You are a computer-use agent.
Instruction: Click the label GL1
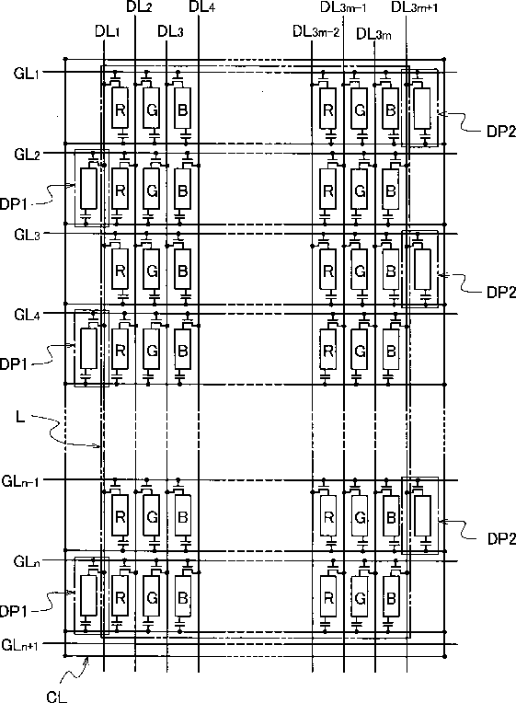click(27, 73)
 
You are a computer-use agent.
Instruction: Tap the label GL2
click(27, 155)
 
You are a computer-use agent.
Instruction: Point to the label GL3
click(27, 235)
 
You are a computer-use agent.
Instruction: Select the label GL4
click(27, 315)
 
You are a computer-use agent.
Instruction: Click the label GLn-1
click(20, 481)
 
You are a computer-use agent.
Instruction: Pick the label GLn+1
click(19, 645)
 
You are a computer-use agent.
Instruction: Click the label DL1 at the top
click(107, 31)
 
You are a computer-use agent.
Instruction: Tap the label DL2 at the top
click(140, 7)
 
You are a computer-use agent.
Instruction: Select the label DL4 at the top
click(201, 7)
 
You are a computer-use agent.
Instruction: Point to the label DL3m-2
click(316, 31)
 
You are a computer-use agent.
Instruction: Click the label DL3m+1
click(415, 7)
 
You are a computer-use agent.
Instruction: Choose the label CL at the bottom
click(56, 697)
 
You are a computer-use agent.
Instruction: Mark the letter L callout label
click(20, 418)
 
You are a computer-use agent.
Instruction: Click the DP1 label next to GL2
click(14, 204)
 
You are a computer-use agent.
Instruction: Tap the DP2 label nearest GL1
click(501, 132)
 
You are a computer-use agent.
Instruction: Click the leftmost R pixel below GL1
click(120, 109)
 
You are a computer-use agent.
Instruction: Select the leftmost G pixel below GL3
click(152, 271)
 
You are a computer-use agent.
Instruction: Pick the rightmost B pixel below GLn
click(391, 597)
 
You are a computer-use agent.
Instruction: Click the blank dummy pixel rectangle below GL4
click(88, 349)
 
